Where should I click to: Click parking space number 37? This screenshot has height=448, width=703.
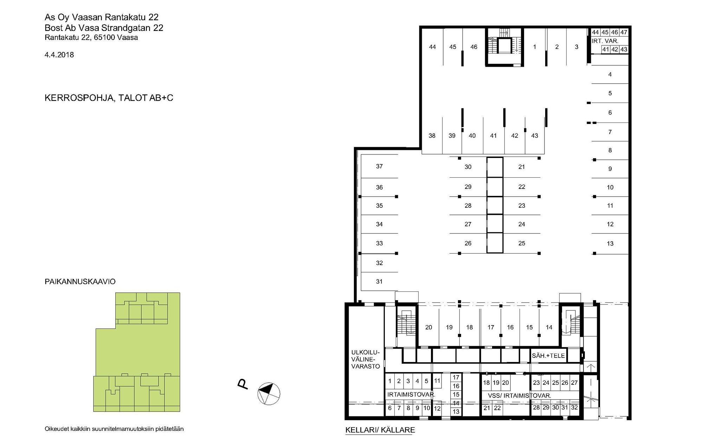[379, 166]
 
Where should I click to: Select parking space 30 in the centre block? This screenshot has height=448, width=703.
[468, 167]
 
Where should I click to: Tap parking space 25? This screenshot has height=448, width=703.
[522, 243]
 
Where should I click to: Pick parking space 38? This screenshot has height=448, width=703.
[432, 136]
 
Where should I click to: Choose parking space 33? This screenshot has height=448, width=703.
[379, 243]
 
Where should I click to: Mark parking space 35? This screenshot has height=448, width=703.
[379, 206]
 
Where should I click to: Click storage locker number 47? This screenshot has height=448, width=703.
[624, 32]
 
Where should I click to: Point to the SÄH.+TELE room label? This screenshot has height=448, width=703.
[548, 356]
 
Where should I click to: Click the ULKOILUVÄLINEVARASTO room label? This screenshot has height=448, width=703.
[366, 359]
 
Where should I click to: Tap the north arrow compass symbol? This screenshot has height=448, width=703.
[269, 393]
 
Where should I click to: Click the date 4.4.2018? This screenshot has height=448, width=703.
[59, 55]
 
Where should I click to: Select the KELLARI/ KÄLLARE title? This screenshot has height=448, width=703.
[380, 430]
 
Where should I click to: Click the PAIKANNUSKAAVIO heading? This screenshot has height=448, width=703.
[80, 282]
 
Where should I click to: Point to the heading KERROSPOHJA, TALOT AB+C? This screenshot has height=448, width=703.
[109, 98]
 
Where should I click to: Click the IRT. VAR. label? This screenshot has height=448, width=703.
[605, 41]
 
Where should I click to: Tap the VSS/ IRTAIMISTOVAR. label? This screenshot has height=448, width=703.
[520, 396]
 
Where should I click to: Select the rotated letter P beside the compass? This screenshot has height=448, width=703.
[243, 384]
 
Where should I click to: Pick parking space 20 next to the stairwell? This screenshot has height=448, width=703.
[428, 328]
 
